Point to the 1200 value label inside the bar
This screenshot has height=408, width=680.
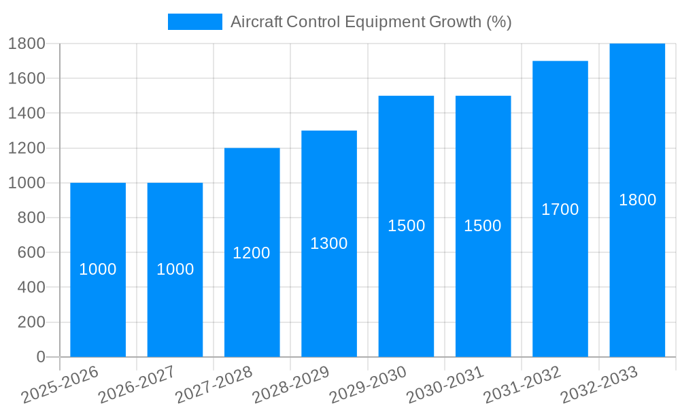252,253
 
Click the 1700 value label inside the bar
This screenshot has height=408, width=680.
560,209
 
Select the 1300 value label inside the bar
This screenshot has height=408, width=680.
329,243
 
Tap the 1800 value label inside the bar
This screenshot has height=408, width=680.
637,200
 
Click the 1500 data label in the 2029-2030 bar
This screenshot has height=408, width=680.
406,226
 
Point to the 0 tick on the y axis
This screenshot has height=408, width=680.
40,357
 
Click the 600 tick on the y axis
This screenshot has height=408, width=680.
27,252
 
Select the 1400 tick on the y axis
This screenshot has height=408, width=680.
27,113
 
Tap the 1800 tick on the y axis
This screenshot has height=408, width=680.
27,44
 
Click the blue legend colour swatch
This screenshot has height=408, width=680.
194,22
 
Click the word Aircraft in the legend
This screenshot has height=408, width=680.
256,22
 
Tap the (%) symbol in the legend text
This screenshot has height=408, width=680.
498,22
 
